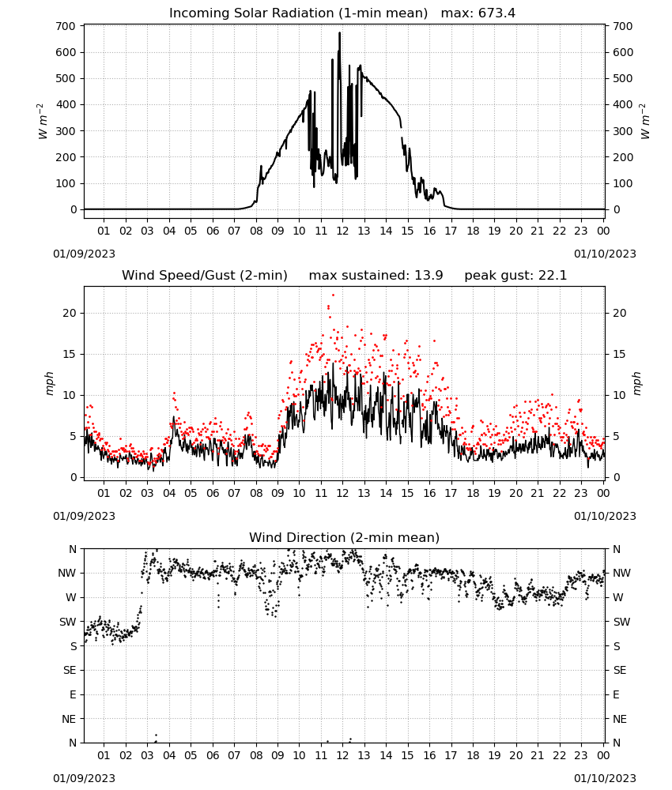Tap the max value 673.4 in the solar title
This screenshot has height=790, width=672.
pyautogui.click(x=496, y=13)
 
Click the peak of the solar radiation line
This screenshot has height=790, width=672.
pyautogui.click(x=340, y=33)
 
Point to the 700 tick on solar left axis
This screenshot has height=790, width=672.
pyautogui.click(x=66, y=26)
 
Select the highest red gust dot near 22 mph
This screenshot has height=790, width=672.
pyautogui.click(x=333, y=295)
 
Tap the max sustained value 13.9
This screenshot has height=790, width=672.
pyautogui.click(x=428, y=276)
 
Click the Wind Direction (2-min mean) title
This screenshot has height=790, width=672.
pyautogui.click(x=345, y=538)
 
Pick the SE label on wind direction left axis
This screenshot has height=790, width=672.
pyautogui.click(x=70, y=671)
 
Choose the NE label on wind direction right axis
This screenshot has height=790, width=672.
pyautogui.click(x=620, y=720)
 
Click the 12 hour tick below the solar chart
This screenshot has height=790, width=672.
pyautogui.click(x=342, y=231)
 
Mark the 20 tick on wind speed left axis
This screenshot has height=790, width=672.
pyautogui.click(x=70, y=314)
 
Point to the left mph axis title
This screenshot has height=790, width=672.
pyautogui.click(x=49, y=383)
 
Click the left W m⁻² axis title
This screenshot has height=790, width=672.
pyautogui.click(x=43, y=122)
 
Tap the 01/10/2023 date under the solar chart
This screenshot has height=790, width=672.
pyautogui.click(x=605, y=254)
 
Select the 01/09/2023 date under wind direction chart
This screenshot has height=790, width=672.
pyautogui.click(x=84, y=778)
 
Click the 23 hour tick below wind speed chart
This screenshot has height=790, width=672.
pyautogui.click(x=581, y=493)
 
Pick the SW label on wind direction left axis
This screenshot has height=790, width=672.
pyautogui.click(x=67, y=623)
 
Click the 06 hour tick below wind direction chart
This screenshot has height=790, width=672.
pyautogui.click(x=212, y=756)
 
